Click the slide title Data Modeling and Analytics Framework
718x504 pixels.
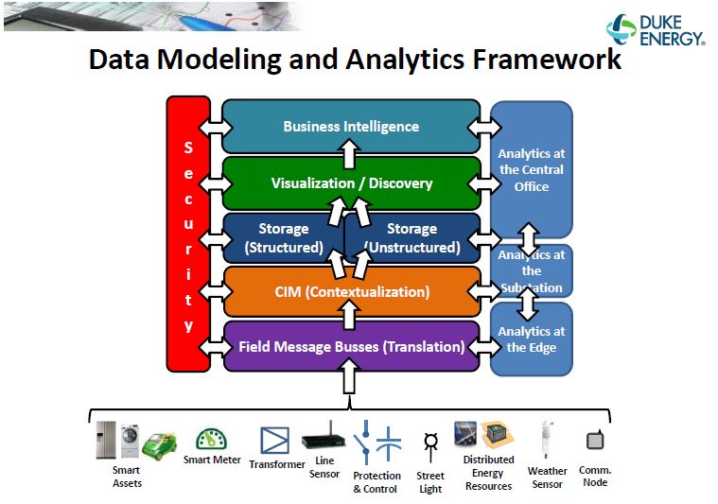355,60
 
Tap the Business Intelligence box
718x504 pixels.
351,126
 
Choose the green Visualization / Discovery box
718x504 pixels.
351,182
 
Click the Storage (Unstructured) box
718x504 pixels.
412,238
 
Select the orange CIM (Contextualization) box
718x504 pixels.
351,291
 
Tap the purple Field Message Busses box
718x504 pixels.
351,346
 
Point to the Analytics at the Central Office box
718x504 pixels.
531,169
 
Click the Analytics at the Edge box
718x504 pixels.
531,339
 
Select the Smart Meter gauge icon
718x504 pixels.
211,438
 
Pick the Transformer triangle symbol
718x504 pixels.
275,440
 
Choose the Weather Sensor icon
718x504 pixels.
547,440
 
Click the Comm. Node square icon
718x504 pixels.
594,441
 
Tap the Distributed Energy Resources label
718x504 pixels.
489,473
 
